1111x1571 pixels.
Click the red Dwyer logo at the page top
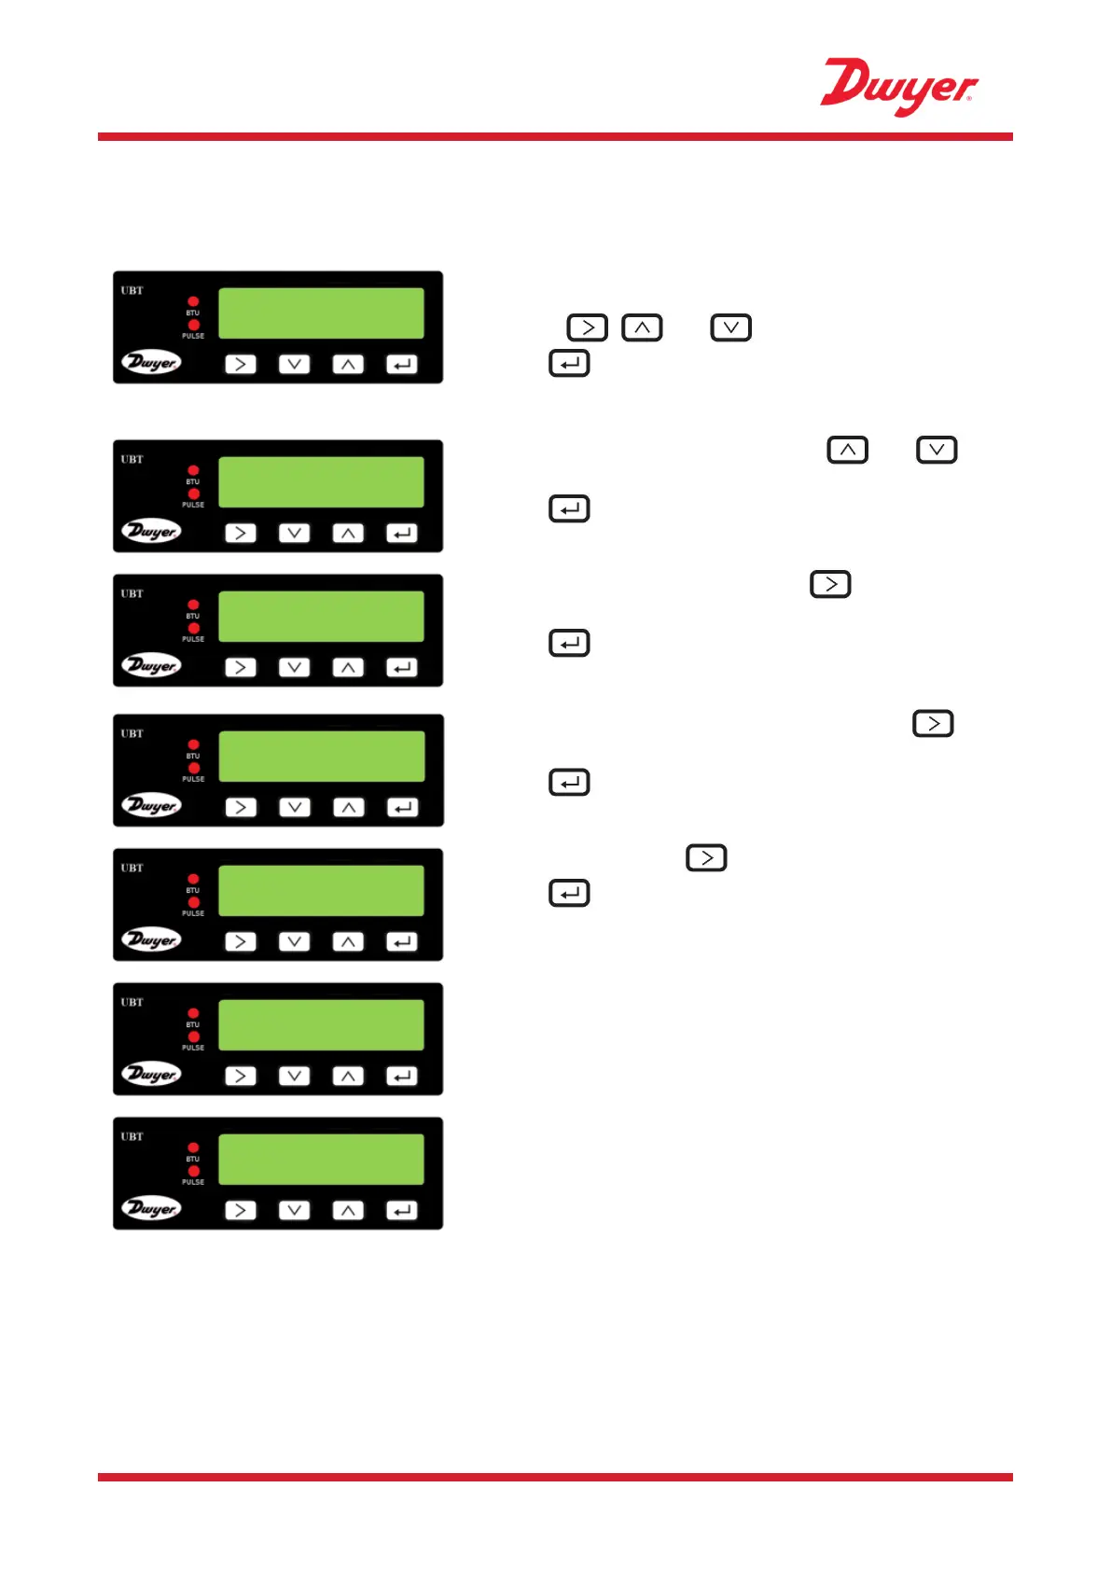pos(898,87)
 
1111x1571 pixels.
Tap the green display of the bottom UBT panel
pos(321,1160)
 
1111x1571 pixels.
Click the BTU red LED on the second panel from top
pos(193,471)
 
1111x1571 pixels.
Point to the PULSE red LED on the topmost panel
pos(193,326)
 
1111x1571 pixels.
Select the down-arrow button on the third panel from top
pos(294,668)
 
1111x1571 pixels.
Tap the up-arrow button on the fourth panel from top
pos(348,808)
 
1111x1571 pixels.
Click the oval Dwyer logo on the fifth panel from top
pos(151,939)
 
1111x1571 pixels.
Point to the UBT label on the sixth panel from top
pos(132,1003)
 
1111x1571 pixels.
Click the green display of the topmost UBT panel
pos(321,313)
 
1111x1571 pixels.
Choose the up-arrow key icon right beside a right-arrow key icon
pos(642,328)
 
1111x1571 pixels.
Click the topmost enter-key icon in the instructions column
pos(569,364)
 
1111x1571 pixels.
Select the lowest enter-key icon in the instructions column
pos(569,894)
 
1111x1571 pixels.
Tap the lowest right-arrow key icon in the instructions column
pos(706,858)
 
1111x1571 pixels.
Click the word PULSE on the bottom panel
pos(193,1182)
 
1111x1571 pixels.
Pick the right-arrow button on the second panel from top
pos(241,534)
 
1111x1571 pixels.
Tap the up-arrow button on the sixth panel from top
pos(348,1077)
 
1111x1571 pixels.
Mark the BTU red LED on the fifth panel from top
pos(193,879)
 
